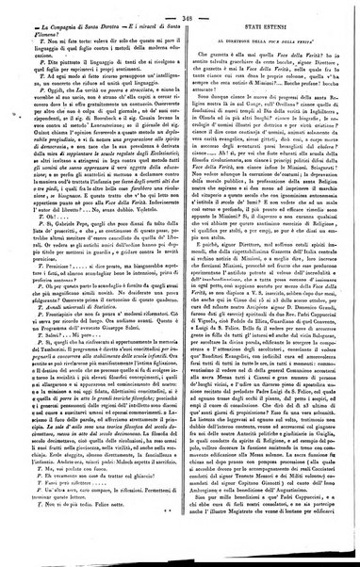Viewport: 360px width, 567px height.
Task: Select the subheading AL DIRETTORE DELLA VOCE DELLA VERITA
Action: tap(266, 46)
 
